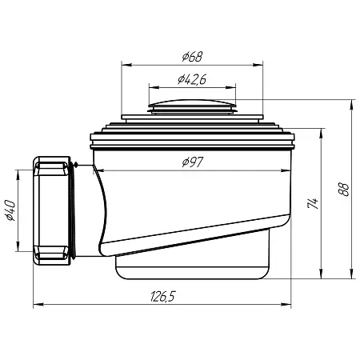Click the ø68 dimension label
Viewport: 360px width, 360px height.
tap(193, 57)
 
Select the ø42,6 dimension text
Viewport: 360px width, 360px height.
tap(192, 79)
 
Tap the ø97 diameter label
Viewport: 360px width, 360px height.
tap(193, 162)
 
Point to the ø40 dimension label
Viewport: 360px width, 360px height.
tap(11, 210)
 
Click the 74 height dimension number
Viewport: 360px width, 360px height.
tap(313, 203)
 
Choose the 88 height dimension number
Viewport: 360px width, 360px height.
tap(344, 190)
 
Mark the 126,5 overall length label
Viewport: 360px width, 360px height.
tap(163, 296)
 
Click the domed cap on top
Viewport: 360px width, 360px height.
tap(193, 106)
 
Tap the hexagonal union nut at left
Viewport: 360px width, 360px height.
tap(52, 210)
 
